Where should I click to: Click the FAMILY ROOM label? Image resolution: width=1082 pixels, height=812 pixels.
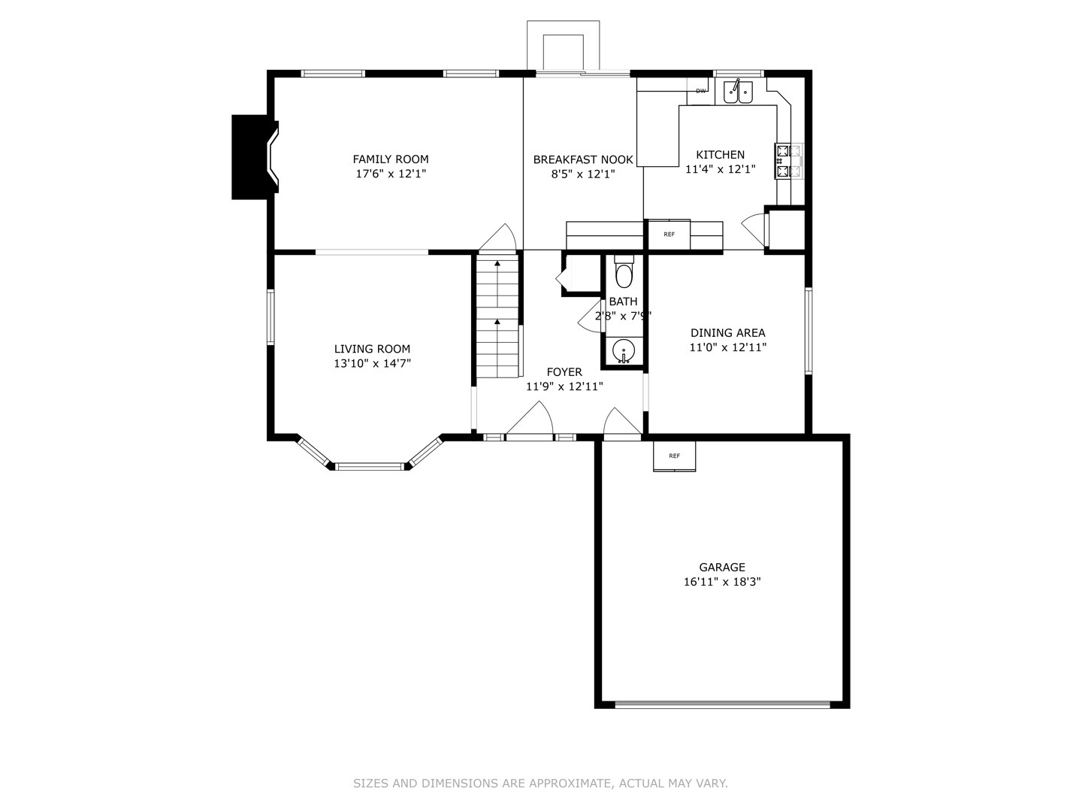(391, 159)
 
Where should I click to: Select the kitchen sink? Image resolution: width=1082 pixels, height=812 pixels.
(738, 92)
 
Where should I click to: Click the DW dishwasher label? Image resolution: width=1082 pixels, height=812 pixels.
(700, 91)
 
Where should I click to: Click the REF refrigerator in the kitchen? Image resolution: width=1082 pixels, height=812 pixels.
(669, 235)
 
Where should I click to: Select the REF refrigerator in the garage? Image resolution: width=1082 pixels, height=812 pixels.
(674, 456)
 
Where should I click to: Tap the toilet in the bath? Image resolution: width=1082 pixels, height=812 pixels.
(624, 274)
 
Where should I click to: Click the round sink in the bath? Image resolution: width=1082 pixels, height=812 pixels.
(623, 350)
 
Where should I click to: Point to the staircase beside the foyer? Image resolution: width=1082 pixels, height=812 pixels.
(497, 316)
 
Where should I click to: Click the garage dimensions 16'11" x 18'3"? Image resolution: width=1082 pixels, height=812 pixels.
(722, 582)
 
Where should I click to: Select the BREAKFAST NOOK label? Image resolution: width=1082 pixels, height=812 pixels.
(583, 159)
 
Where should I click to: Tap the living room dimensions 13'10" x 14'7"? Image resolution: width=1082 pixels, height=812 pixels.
(373, 364)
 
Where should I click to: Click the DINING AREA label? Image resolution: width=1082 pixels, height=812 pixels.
(727, 333)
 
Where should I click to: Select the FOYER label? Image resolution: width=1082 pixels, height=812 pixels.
(564, 372)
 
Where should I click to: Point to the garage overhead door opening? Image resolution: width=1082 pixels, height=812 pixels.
(722, 704)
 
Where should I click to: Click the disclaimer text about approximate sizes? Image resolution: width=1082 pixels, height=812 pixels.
(540, 783)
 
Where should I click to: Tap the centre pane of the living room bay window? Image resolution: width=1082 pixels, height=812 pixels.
(370, 467)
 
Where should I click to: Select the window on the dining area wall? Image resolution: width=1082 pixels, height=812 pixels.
(808, 331)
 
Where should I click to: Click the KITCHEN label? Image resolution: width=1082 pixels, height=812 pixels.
(720, 155)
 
